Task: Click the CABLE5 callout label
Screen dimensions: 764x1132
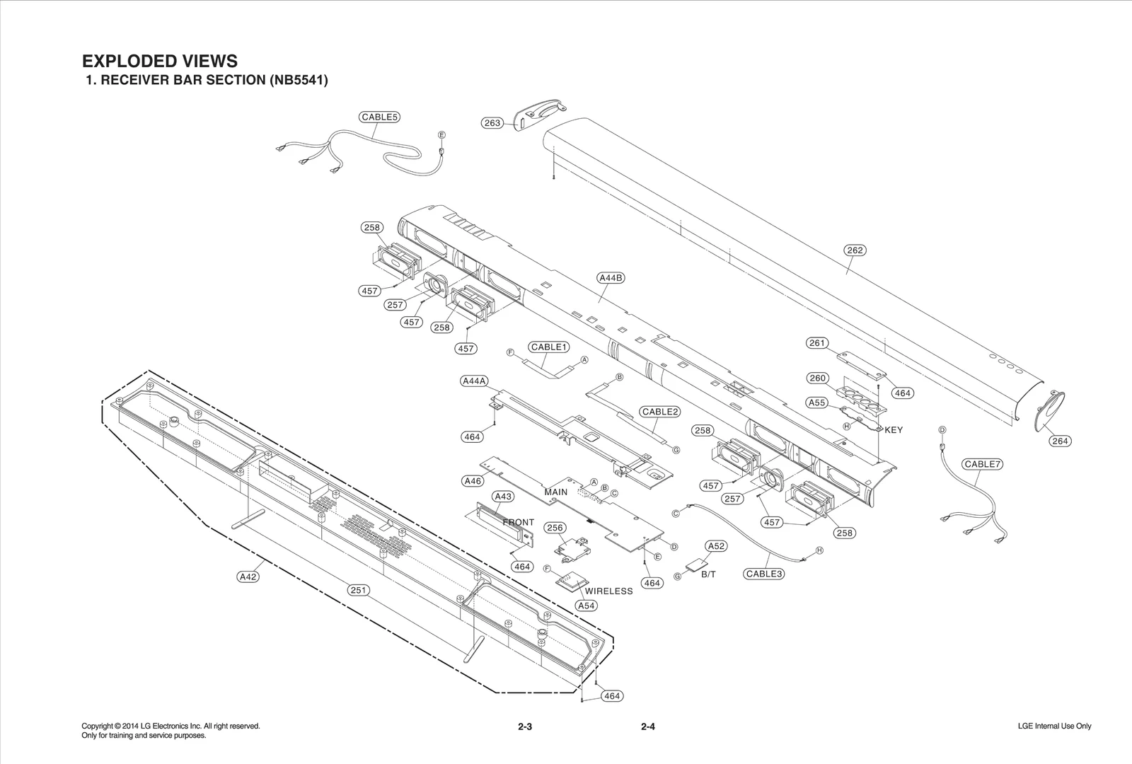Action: (x=379, y=117)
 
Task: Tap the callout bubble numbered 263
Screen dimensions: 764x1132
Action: (x=492, y=123)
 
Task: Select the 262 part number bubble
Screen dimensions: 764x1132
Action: (x=855, y=250)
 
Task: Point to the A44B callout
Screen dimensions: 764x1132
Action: (x=611, y=278)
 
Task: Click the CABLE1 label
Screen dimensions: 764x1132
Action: (x=550, y=347)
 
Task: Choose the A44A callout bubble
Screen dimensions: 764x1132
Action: (x=474, y=381)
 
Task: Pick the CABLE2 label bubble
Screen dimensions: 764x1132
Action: (x=660, y=412)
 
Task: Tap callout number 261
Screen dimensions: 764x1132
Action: (x=817, y=343)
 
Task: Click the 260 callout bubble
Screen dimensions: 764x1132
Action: (x=818, y=378)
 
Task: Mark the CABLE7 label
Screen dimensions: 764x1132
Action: (x=981, y=464)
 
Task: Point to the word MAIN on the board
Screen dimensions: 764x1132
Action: (x=556, y=492)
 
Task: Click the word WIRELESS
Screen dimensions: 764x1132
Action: (x=608, y=591)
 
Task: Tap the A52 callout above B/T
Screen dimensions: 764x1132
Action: (x=716, y=546)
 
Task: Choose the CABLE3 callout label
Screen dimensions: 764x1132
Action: (x=763, y=574)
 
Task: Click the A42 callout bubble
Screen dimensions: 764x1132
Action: (x=248, y=577)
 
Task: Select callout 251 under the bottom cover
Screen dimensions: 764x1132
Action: (x=359, y=590)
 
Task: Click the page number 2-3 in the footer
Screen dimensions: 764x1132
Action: (x=524, y=727)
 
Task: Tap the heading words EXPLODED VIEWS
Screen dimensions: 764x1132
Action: (x=160, y=61)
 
